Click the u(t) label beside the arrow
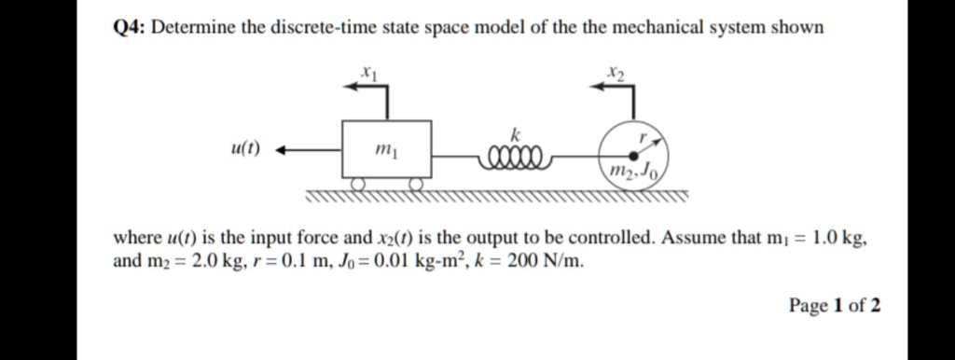[245, 147]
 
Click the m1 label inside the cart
[383, 148]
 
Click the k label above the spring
[512, 136]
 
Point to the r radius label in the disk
[643, 136]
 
